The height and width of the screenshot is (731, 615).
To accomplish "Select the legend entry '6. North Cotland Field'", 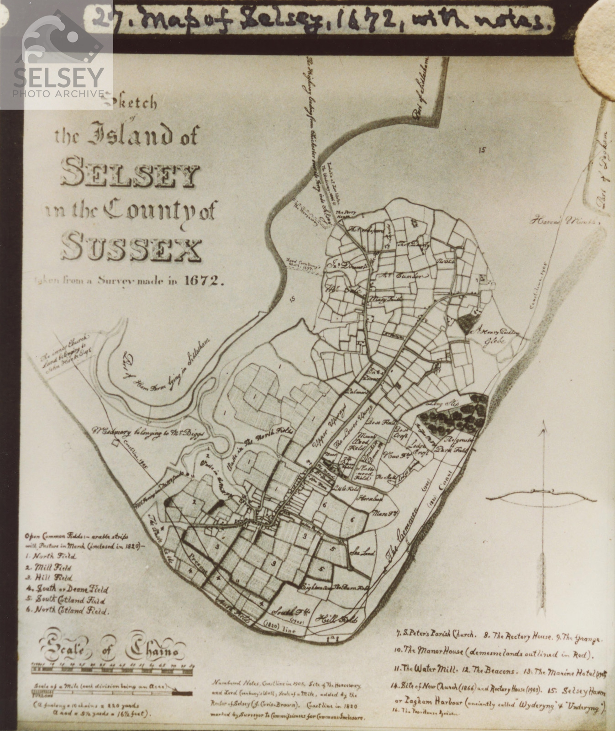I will pos(68,611).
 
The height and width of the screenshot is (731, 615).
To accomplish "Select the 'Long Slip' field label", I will pos(436,404).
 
